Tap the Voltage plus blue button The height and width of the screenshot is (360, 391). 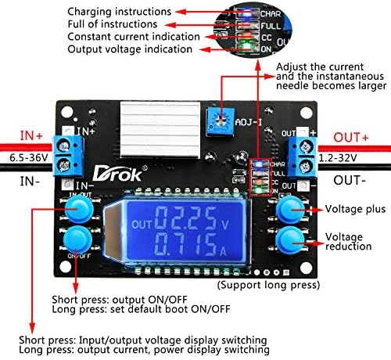290,208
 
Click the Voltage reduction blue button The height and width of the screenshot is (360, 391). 290,240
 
